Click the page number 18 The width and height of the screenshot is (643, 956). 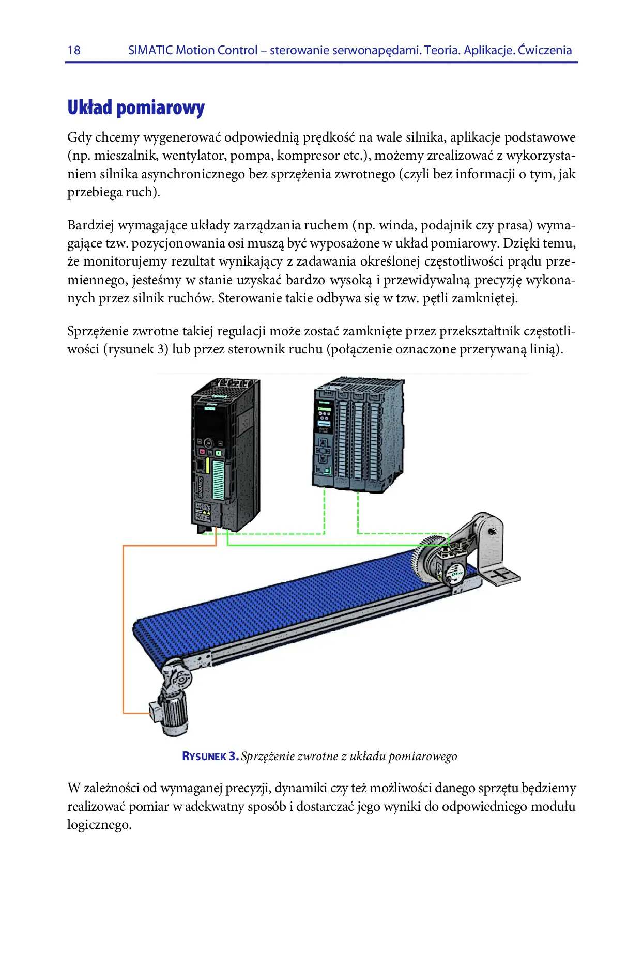pos(74,50)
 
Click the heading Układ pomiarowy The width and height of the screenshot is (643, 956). pos(136,107)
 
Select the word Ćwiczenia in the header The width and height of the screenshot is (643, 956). pos(545,50)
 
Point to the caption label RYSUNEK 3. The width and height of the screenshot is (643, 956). pos(210,756)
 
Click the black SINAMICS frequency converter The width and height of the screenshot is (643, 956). pos(225,455)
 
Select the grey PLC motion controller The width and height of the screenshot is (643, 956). pos(358,434)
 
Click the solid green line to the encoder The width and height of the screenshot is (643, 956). pos(331,545)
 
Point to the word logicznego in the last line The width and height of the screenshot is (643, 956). pos(99,825)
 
